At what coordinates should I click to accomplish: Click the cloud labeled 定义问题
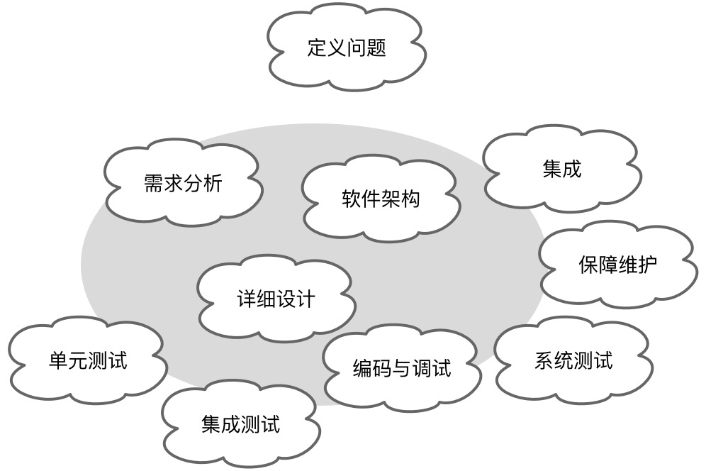(347, 48)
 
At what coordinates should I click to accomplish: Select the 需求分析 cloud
(183, 184)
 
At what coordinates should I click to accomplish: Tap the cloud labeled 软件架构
(381, 199)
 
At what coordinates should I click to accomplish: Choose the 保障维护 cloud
(617, 265)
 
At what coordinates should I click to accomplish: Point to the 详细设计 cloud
(275, 299)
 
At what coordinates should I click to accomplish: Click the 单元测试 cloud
(88, 360)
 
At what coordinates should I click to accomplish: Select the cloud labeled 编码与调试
(401, 368)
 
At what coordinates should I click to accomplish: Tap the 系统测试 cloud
(573, 360)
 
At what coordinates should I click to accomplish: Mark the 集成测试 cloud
(240, 424)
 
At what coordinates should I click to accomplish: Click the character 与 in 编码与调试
(402, 368)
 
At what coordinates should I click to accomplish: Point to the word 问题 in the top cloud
(366, 48)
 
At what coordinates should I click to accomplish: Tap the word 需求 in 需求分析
(163, 184)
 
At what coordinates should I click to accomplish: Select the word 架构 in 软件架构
(400, 199)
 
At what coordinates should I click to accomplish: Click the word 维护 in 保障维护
(637, 265)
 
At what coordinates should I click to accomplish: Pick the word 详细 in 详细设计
(255, 299)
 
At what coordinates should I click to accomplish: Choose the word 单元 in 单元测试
(68, 360)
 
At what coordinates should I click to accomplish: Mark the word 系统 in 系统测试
(553, 360)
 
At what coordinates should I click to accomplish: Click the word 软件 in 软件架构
(361, 199)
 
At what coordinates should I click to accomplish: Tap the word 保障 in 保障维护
(598, 265)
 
